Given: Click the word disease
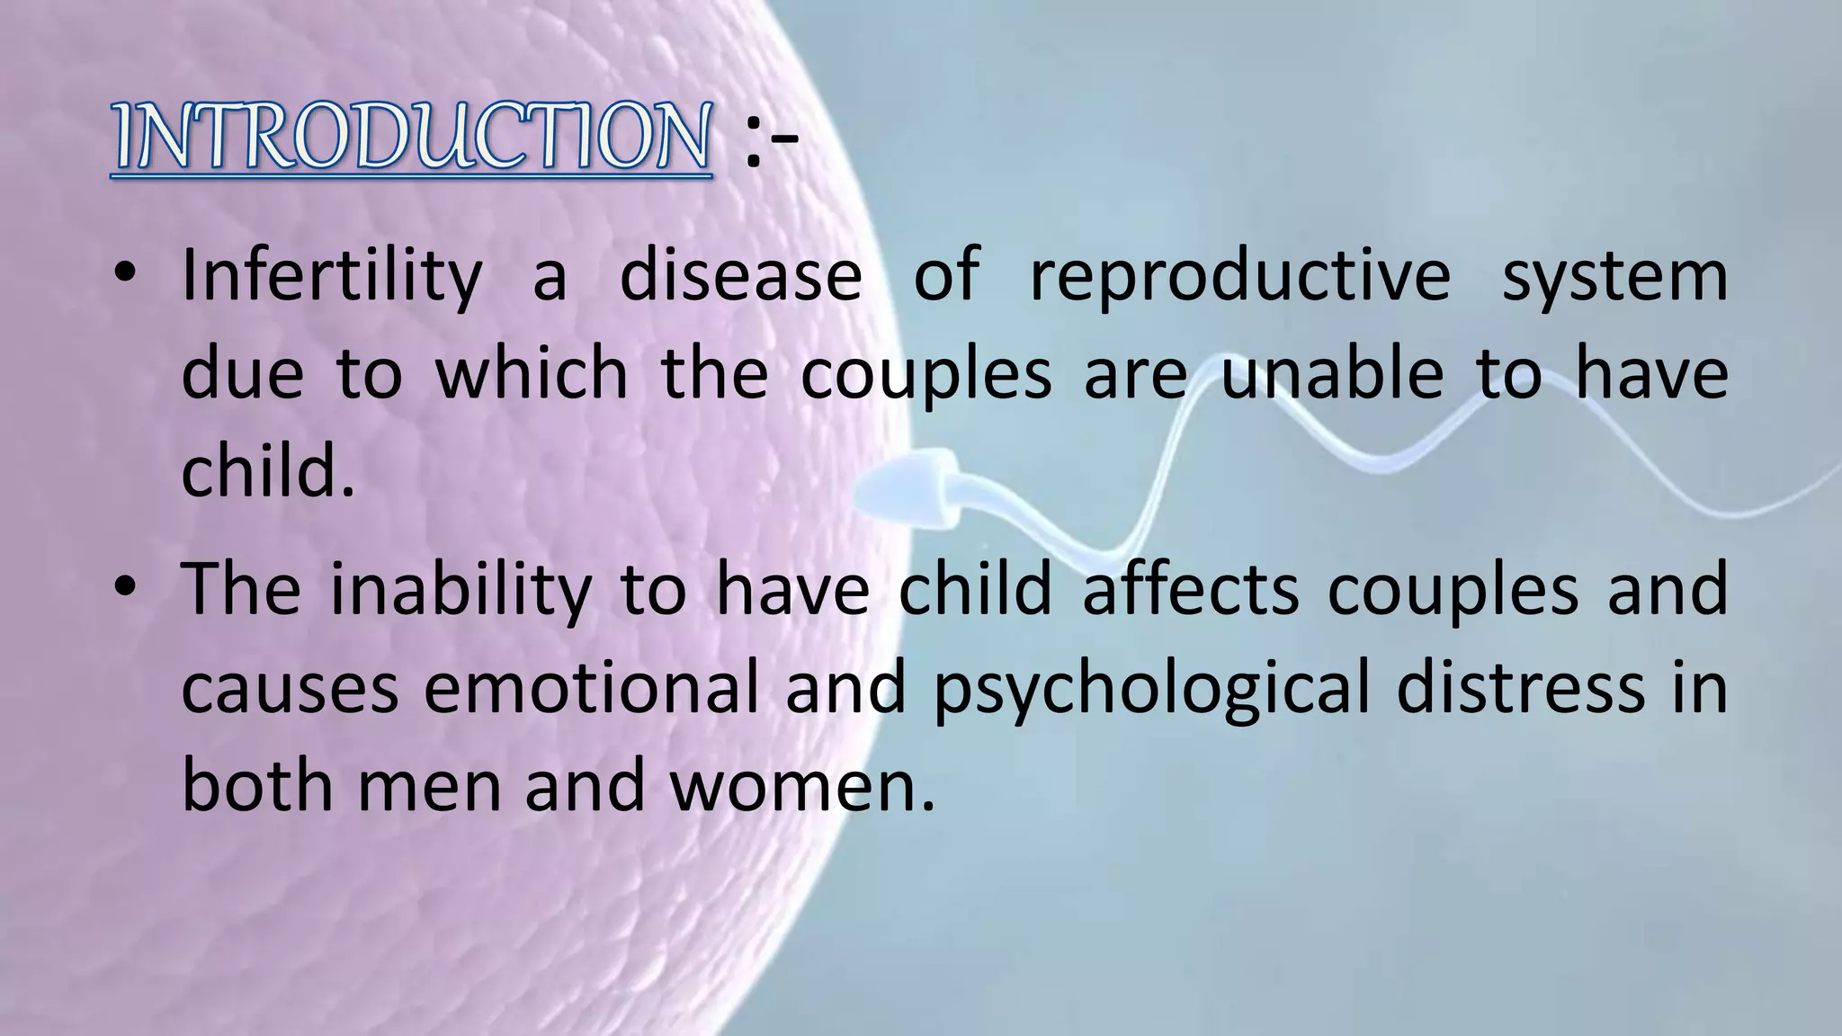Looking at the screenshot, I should [741, 275].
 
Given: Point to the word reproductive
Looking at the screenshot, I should [1239, 275].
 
